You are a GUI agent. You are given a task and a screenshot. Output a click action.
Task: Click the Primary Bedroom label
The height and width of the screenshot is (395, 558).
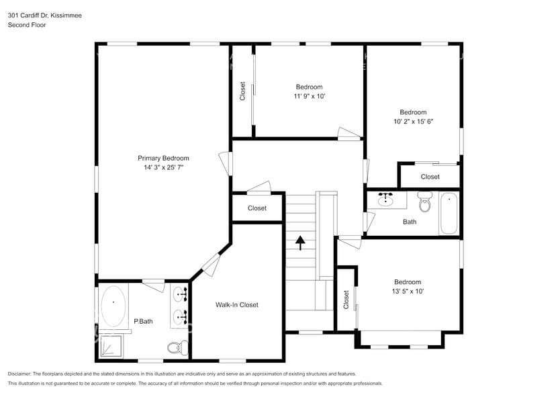tap(163, 159)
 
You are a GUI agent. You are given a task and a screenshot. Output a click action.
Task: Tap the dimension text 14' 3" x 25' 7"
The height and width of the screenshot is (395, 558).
tap(163, 168)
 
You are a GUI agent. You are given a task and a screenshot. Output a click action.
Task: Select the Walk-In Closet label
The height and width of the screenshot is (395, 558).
tap(236, 305)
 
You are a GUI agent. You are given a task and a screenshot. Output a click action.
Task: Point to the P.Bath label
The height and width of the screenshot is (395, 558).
tap(143, 321)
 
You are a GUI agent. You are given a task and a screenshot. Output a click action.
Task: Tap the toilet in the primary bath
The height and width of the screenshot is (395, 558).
tap(174, 347)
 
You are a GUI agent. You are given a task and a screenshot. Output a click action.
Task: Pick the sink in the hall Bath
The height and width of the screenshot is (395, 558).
tap(385, 200)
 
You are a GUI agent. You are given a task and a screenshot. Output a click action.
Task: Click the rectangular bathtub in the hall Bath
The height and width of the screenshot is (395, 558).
tap(448, 213)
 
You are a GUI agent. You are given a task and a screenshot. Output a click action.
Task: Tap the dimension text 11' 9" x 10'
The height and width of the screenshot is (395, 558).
tap(309, 96)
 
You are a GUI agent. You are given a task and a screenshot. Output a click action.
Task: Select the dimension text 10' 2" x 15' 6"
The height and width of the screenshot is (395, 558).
tap(413, 122)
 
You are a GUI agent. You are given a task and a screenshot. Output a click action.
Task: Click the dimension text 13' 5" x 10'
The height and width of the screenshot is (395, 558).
tap(408, 292)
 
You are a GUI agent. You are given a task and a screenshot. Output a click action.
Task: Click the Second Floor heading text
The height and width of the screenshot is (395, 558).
tap(27, 25)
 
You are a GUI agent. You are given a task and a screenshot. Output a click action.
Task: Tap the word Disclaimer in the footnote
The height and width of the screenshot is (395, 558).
tap(22, 374)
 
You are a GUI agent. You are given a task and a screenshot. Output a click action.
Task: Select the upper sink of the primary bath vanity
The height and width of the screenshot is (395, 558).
tap(181, 294)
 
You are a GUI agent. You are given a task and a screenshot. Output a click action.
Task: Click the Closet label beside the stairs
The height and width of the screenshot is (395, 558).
tap(257, 208)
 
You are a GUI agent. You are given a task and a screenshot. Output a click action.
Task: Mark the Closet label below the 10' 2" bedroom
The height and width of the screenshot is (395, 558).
tap(430, 177)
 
